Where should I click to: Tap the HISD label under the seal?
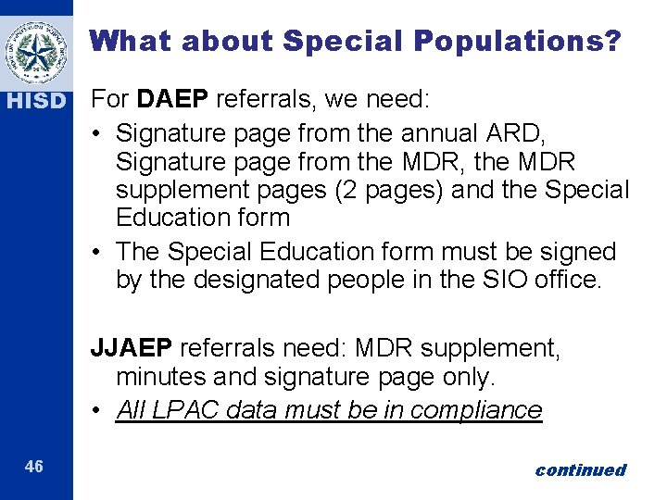[x=36, y=100]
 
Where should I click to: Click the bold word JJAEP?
[x=132, y=348]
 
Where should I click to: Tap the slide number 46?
[x=34, y=467]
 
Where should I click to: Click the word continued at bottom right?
[x=580, y=470]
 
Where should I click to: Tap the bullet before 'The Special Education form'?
[x=97, y=252]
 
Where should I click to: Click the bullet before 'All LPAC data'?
[x=97, y=410]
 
